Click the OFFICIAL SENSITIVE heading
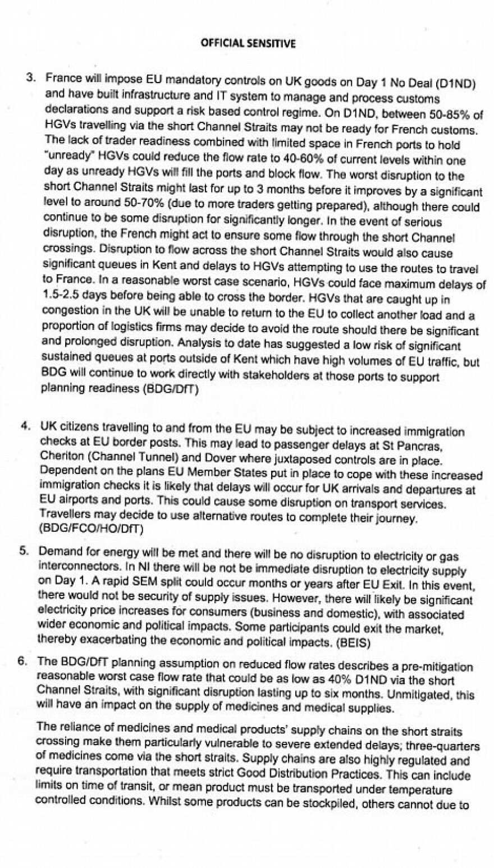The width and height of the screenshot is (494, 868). coord(248,43)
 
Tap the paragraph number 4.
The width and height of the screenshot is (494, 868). coord(25,426)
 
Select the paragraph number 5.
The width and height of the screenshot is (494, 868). coord(24,550)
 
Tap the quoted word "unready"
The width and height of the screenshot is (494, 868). coord(66,154)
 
